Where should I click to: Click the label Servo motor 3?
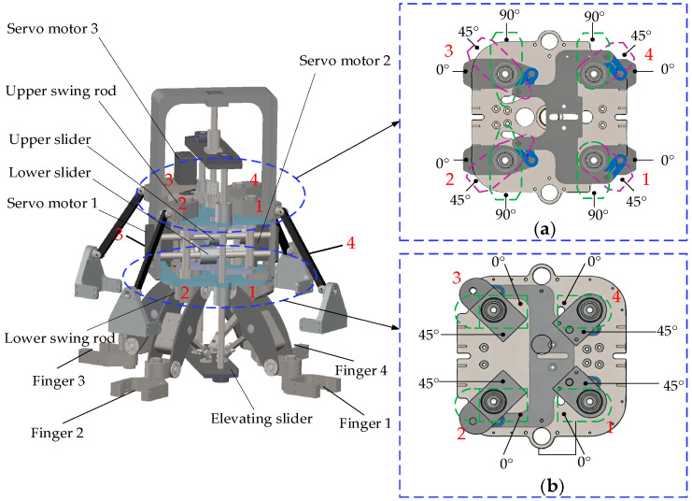pos(52,29)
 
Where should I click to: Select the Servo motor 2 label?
pos(345,61)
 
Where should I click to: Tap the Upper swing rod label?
pos(61,92)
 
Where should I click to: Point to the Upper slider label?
pos(49,140)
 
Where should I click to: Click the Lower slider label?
pos(49,172)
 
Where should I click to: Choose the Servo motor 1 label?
pos(52,203)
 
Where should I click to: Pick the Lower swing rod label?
pos(60,339)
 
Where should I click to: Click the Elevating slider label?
pos(261,419)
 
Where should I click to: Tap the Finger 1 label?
pos(365,423)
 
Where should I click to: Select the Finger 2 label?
pos(57,433)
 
